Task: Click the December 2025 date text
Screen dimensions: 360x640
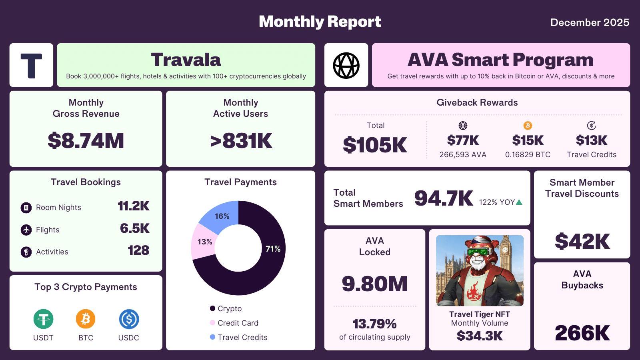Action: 590,22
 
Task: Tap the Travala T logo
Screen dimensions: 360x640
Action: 31,65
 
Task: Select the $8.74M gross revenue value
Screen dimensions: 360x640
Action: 86,141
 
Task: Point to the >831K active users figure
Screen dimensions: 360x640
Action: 241,141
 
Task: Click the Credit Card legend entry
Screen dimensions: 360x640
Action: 238,323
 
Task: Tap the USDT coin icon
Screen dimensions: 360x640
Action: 43,319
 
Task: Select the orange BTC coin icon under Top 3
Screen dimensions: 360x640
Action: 86,319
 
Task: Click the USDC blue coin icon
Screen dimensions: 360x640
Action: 129,319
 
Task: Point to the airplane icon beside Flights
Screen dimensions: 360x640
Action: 26,230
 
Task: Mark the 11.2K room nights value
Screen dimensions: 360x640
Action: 133,206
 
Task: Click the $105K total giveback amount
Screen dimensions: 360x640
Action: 375,145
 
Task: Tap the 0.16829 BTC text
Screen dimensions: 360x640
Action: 528,155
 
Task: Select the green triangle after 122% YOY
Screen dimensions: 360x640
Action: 519,202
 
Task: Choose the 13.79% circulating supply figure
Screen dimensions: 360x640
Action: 374,324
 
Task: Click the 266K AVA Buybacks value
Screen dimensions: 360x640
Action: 582,333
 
